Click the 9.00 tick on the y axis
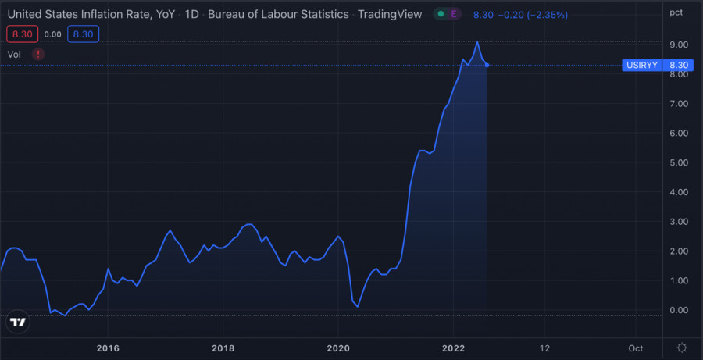(x=678, y=45)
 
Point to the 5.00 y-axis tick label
(x=678, y=162)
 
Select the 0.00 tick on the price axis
(x=678, y=310)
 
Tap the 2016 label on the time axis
(x=108, y=348)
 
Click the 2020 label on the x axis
(x=338, y=348)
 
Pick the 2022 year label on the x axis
(x=454, y=348)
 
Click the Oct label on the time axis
(x=635, y=348)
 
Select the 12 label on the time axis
(x=544, y=348)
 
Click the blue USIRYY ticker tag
(x=643, y=66)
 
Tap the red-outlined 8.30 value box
(x=21, y=34)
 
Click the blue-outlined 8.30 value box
(x=83, y=34)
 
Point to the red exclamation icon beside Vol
(x=39, y=54)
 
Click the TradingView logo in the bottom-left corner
(x=18, y=322)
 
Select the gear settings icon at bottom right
(x=682, y=348)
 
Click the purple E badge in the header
(x=455, y=14)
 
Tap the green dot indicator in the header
(x=441, y=14)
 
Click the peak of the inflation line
(x=477, y=41)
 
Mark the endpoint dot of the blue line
(x=487, y=65)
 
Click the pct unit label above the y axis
(x=676, y=12)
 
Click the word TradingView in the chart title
(x=390, y=14)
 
